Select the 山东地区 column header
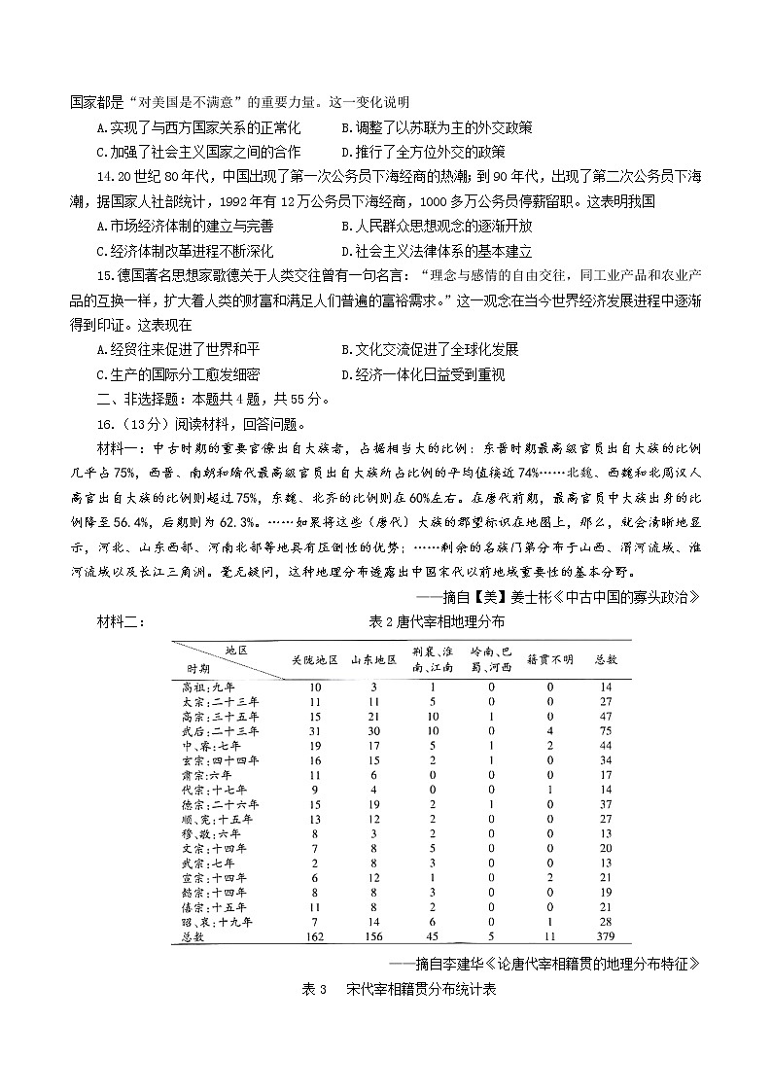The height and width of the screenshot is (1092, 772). (373, 659)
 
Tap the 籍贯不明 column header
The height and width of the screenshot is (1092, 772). (549, 659)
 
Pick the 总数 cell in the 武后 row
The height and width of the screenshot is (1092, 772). (605, 730)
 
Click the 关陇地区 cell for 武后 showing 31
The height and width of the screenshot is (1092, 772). (314, 730)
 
